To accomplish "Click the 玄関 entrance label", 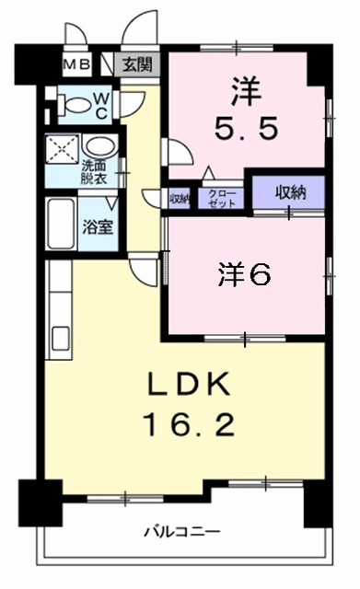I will tap(141, 64).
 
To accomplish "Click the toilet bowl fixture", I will tap(70, 102).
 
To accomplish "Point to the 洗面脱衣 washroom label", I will tap(94, 172).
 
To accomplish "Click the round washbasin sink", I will tap(96, 146).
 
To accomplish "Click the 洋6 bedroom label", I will tap(244, 273).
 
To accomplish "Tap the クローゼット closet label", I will tap(221, 197).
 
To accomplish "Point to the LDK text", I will tap(189, 383).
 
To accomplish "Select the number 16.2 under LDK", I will tap(189, 424).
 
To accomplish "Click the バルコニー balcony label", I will tap(181, 531).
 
